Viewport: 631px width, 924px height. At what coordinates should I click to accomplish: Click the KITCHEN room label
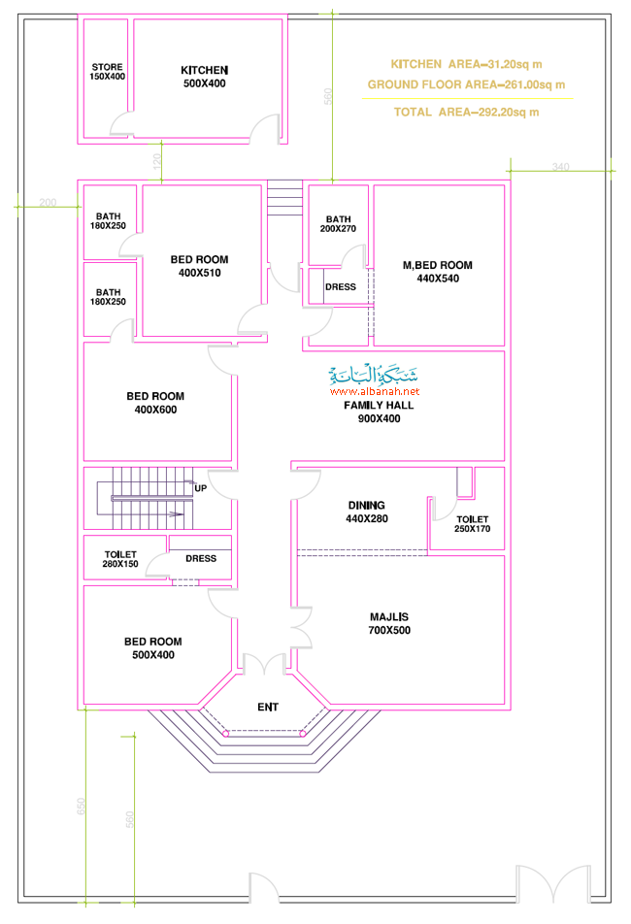pos(205,77)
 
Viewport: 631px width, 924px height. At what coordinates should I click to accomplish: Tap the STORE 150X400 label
pos(107,72)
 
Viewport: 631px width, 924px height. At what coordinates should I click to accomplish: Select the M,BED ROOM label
pos(438,272)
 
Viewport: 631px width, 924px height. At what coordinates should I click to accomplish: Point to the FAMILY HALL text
pos(379,406)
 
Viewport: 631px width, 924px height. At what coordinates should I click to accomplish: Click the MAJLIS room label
pos(389,623)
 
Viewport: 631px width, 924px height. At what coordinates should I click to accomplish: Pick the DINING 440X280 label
pos(366,512)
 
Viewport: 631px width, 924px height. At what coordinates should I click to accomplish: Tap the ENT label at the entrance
pos(268,708)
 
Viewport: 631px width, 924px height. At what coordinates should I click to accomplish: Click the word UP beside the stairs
pos(200,488)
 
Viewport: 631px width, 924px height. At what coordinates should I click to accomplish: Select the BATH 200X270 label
pos(338,224)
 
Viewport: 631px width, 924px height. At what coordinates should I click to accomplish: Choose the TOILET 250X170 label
pos(472,524)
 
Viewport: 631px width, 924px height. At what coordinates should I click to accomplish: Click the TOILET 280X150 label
pos(120,559)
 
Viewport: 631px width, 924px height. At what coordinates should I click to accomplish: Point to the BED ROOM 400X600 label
pos(155,403)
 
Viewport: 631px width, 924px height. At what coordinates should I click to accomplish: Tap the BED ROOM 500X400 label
pos(153,648)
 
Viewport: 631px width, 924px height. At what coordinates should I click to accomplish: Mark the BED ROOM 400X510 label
pos(200,266)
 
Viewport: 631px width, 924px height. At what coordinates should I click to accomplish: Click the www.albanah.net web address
pos(375,391)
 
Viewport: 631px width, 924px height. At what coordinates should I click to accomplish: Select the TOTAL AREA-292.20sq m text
pos(467,112)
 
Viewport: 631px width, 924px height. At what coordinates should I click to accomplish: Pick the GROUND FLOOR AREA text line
pos(467,84)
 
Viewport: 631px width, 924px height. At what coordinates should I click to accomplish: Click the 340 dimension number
pos(561,167)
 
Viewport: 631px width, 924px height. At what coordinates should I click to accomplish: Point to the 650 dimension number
pos(82,807)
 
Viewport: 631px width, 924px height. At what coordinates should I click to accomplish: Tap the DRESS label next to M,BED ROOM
pos(341,287)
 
